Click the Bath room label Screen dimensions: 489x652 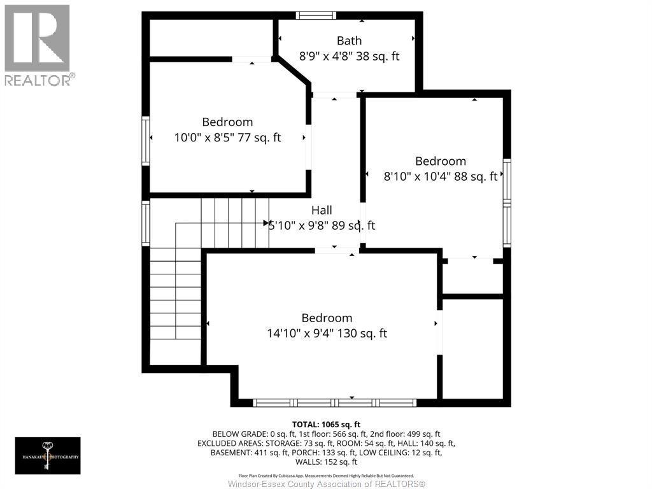tap(349, 41)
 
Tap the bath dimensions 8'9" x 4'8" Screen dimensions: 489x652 tap(349, 56)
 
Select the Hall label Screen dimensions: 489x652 tap(322, 210)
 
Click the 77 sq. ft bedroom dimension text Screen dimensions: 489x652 tap(227, 137)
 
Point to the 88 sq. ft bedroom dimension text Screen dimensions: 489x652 tap(440, 177)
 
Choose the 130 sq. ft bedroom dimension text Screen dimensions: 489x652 tap(327, 333)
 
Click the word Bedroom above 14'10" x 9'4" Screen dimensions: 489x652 tap(327, 318)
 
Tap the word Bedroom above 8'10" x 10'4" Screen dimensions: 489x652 tap(440, 161)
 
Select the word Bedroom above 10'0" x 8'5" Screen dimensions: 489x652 tap(227, 122)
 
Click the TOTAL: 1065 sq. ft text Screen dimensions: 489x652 tap(326, 424)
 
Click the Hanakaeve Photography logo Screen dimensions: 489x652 tap(48, 455)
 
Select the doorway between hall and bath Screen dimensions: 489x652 tap(334, 95)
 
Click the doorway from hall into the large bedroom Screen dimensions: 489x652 tap(336, 251)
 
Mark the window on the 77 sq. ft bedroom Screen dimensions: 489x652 tap(146, 140)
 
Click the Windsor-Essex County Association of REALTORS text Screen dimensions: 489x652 tap(326, 484)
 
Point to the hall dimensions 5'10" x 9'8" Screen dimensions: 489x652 tap(322, 225)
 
